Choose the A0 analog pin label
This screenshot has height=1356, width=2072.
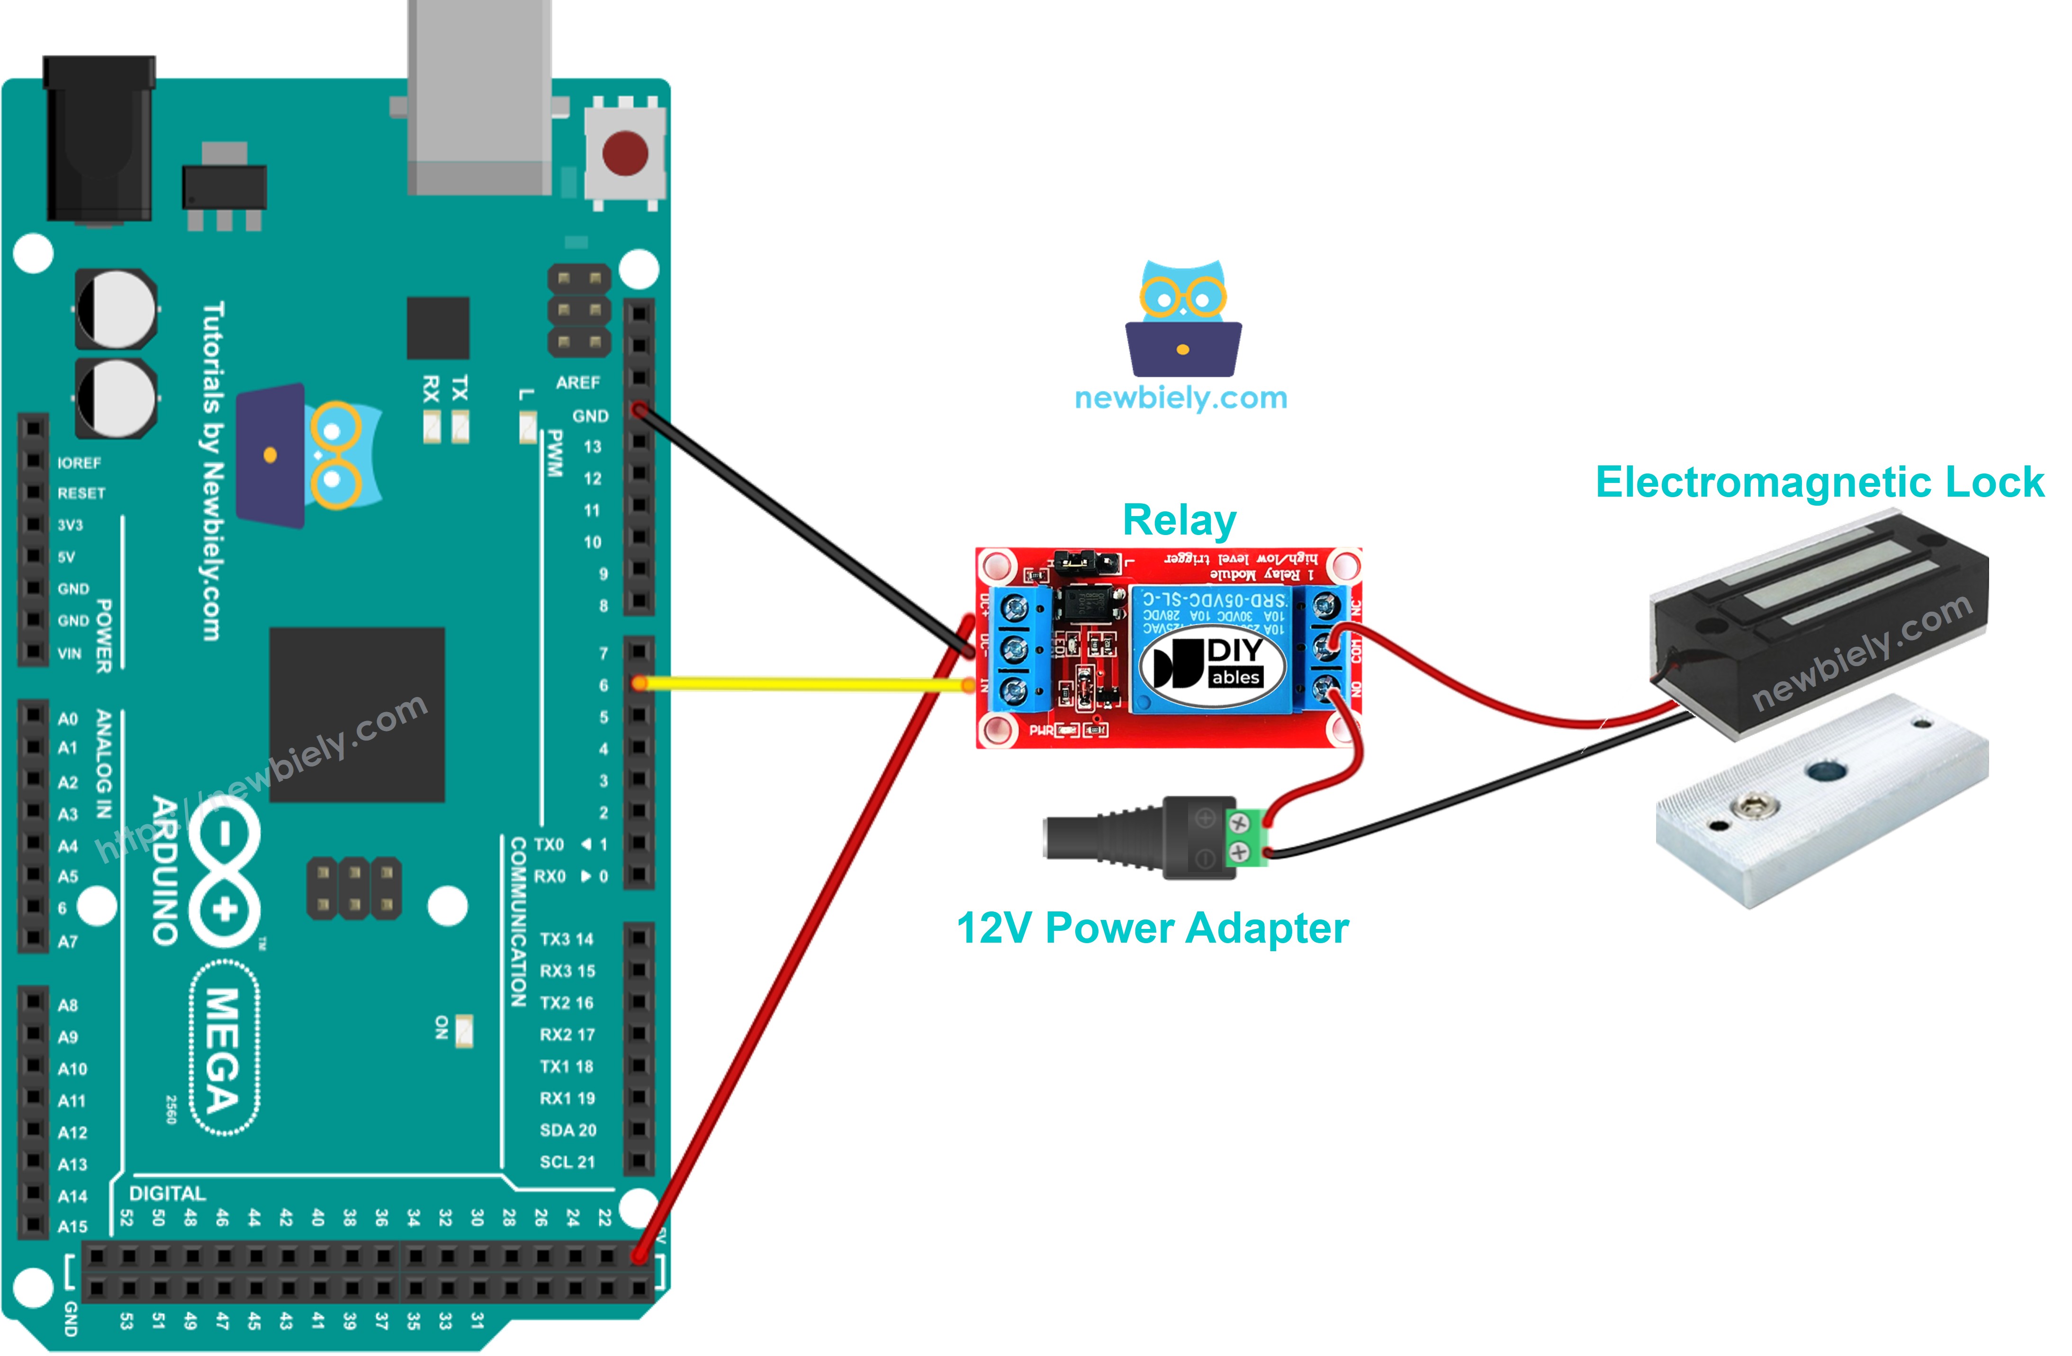68,719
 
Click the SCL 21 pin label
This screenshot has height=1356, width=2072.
567,1162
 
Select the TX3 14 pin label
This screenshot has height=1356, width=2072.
566,939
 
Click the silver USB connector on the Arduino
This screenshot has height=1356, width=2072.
479,96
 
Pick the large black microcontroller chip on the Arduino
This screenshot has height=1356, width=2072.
357,714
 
